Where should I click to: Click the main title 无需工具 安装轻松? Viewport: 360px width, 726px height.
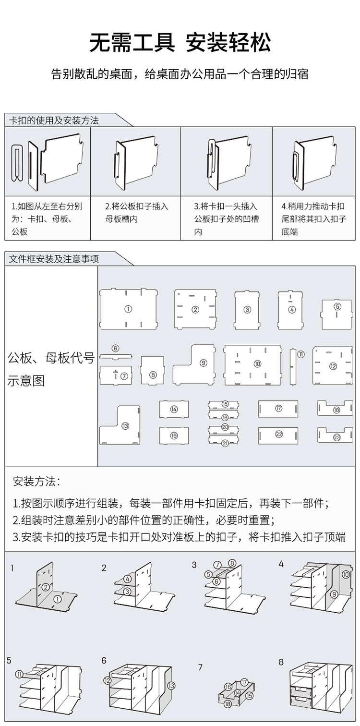[x=180, y=43]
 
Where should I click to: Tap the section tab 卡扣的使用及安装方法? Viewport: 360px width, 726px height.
[x=54, y=121]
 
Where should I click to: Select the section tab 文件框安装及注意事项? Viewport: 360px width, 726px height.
[x=54, y=259]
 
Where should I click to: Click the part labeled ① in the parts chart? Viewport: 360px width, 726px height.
[x=128, y=309]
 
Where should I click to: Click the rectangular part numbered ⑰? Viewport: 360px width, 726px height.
[x=278, y=409]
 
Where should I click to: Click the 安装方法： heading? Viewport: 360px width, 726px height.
[x=37, y=481]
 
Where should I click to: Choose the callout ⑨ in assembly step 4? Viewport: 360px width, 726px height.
[x=335, y=594]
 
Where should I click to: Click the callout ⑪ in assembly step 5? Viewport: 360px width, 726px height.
[x=18, y=674]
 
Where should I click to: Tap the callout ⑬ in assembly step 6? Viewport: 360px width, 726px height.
[x=171, y=685]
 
